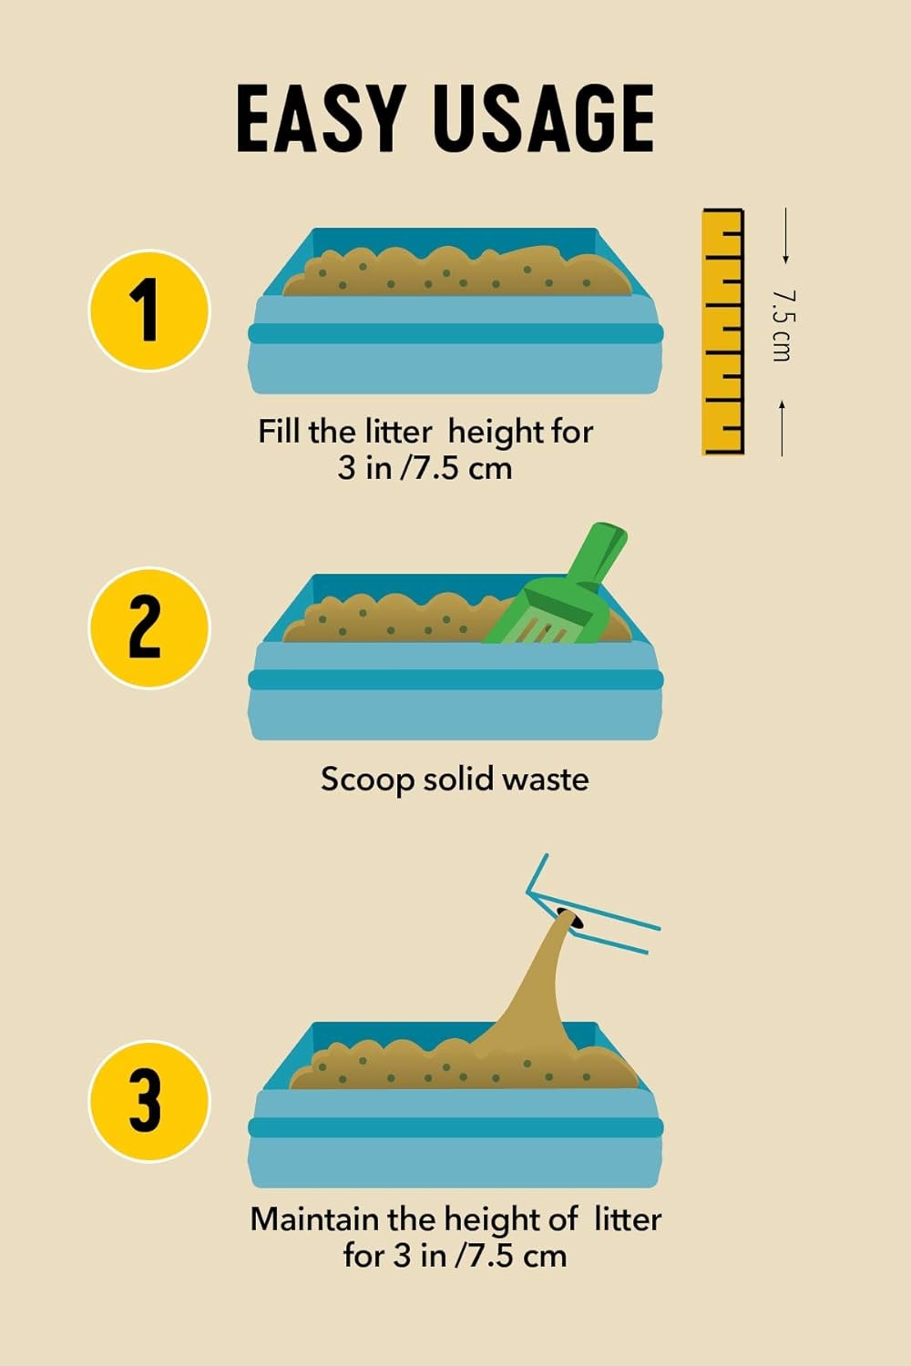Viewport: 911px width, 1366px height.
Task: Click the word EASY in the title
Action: click(322, 118)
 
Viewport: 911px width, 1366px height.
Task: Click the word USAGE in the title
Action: click(546, 118)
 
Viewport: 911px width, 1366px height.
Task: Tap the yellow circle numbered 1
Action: click(149, 311)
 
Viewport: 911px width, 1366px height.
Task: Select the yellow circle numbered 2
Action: click(149, 627)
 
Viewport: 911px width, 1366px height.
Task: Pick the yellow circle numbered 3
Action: click(149, 1101)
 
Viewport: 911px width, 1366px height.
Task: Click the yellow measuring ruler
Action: click(723, 331)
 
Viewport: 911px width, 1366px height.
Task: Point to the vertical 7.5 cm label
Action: click(782, 326)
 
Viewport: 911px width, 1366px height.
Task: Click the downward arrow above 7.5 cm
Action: click(786, 235)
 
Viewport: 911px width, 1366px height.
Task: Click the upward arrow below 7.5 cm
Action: click(782, 428)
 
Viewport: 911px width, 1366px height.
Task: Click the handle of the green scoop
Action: click(601, 552)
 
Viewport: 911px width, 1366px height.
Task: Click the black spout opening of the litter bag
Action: click(570, 918)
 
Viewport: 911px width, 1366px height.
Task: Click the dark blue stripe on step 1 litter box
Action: click(455, 333)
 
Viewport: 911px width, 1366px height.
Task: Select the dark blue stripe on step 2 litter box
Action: click(455, 679)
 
